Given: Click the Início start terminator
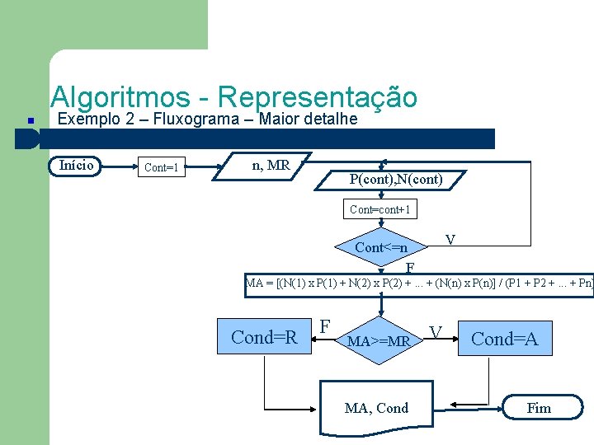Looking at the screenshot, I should click(x=77, y=166).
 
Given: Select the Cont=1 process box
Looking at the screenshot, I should click(x=162, y=168).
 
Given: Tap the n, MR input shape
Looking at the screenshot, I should click(x=270, y=166).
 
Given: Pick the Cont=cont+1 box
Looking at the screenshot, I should click(x=379, y=210).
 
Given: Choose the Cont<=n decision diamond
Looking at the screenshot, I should click(x=381, y=247).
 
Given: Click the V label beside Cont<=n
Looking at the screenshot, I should click(x=450, y=240).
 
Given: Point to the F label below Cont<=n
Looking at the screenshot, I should click(x=410, y=268).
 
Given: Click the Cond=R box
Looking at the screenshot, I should click(x=264, y=337).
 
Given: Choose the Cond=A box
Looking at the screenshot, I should click(x=504, y=338).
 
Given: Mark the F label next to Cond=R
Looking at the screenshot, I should click(x=326, y=326).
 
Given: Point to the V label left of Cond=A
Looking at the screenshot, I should click(x=436, y=332).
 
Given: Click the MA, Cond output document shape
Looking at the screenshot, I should click(x=376, y=408).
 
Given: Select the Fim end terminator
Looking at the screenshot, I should click(x=539, y=407).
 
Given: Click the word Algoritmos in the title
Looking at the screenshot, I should click(x=120, y=97).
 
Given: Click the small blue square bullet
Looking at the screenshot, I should click(x=29, y=120).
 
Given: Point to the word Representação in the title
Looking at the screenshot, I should click(x=318, y=97).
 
